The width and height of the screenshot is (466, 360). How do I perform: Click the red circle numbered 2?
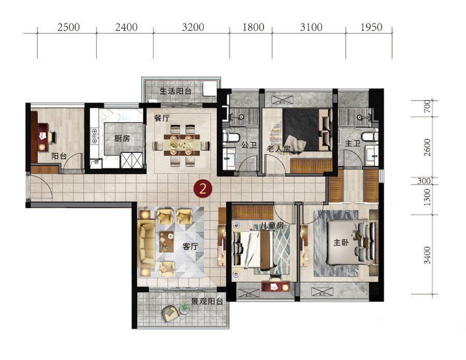click(202, 189)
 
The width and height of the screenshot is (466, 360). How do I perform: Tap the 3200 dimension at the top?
click(193, 27)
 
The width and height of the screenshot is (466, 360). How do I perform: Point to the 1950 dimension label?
click(371, 27)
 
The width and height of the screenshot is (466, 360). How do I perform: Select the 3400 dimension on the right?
click(427, 255)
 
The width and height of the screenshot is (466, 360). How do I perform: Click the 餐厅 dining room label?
click(162, 118)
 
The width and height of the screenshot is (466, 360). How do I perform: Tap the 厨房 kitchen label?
click(122, 138)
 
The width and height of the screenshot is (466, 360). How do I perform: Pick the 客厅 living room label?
click(190, 247)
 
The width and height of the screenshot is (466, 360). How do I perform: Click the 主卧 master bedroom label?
click(341, 242)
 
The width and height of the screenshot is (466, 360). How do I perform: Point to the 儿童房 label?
click(272, 226)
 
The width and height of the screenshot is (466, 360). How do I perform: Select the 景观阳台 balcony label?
click(207, 301)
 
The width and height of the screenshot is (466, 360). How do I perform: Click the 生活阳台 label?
click(176, 91)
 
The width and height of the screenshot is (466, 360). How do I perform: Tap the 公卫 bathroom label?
click(249, 145)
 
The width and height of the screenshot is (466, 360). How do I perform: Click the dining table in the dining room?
click(182, 145)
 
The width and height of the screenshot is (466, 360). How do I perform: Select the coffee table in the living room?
click(166, 241)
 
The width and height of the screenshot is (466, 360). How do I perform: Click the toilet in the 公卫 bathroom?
click(231, 137)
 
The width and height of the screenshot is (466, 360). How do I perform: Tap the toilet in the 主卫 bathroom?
click(369, 136)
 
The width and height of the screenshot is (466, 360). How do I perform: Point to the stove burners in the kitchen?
click(95, 136)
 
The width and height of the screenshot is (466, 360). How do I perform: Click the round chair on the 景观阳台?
click(170, 313)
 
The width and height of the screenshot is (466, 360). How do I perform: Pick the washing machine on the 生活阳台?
click(210, 89)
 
